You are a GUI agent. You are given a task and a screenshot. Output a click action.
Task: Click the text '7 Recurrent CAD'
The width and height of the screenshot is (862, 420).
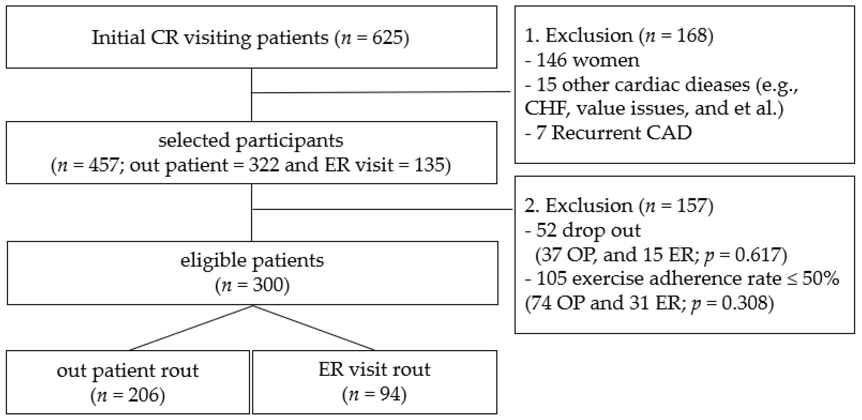coord(609,133)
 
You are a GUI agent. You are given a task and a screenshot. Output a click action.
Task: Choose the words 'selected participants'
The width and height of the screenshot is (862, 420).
coord(251,140)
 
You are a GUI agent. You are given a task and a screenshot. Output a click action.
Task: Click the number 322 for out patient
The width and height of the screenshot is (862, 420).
coord(264,165)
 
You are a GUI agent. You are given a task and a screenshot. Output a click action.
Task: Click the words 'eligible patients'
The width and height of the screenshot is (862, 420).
coord(252,260)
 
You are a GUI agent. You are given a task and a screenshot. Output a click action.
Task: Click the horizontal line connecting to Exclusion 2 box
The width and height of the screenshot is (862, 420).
coord(382,209)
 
